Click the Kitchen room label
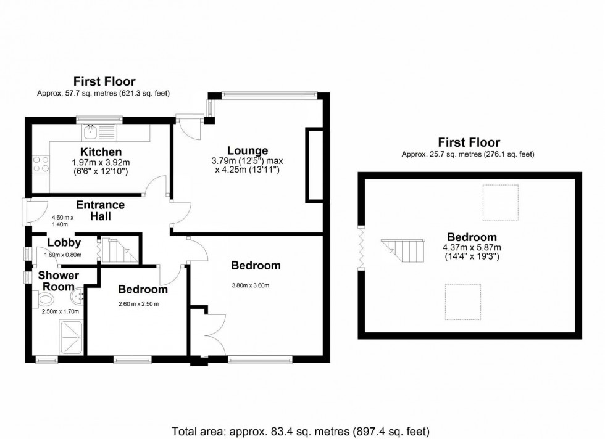pos(101,152)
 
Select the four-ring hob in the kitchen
pos(41,164)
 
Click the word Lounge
pos(248,150)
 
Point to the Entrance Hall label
pos(100,210)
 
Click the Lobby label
pos(64,243)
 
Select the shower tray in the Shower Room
pos(72,338)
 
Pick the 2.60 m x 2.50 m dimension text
pos(138,304)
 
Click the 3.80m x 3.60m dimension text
pos(251,285)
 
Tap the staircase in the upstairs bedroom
pos(403,250)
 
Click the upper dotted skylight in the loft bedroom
pos(501,202)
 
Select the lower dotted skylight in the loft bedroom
pos(463,302)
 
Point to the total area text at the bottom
pos(301,431)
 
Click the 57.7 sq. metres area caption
pos(104,93)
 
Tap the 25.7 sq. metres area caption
pos(468,154)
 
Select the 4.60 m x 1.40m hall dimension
pos(62,221)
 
